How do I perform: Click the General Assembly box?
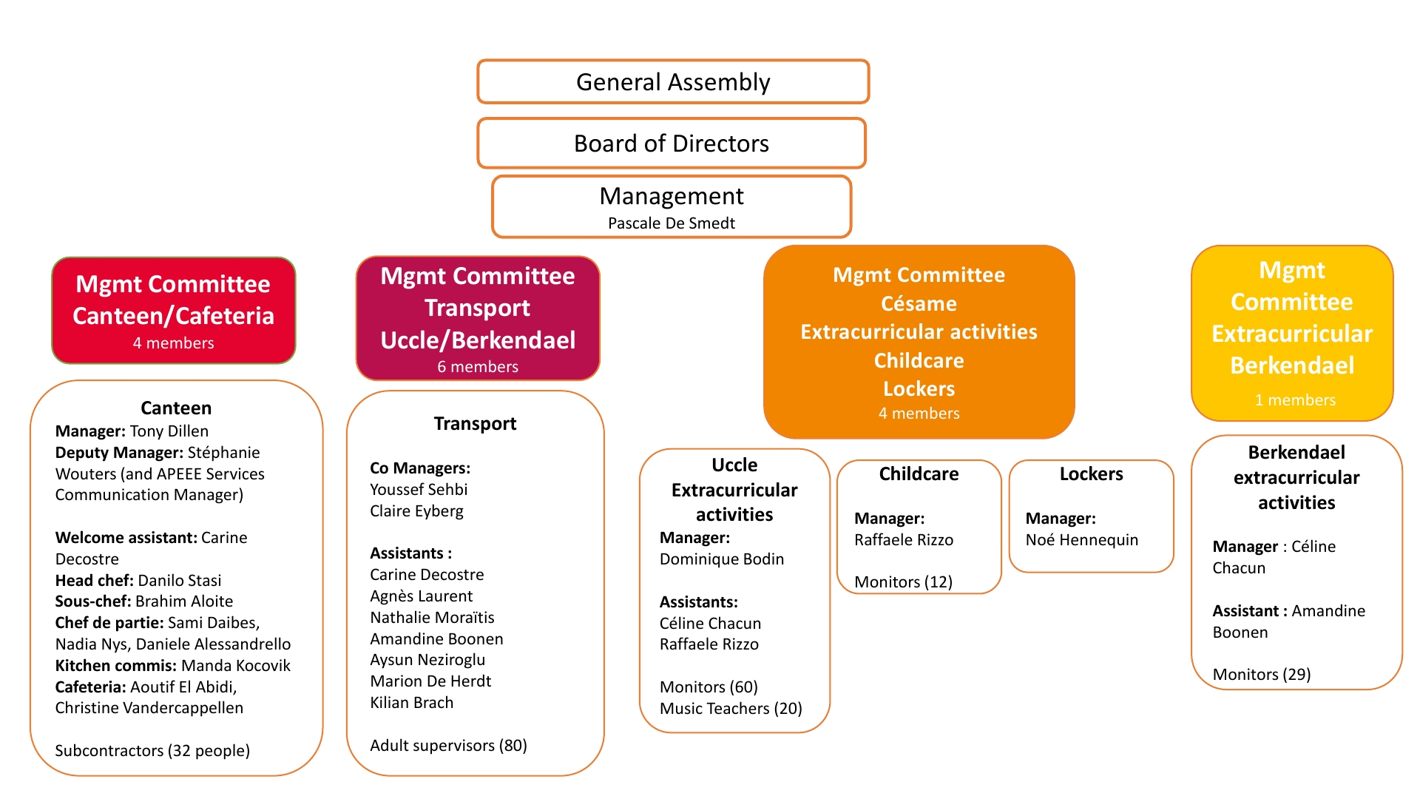[673, 82]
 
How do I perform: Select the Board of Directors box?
[672, 144]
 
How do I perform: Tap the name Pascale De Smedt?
[672, 223]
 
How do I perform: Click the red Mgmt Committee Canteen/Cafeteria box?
[174, 311]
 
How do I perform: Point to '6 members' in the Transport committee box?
[478, 367]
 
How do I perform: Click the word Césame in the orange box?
[919, 304]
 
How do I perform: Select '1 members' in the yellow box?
[1295, 400]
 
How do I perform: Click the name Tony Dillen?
[169, 431]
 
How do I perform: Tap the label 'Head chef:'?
[95, 581]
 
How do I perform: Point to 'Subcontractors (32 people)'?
[152, 751]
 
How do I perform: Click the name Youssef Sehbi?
[419, 490]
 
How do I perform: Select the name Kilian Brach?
[412, 703]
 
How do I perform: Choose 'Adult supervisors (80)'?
[448, 746]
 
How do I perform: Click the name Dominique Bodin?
[722, 559]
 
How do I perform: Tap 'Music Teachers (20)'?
[731, 709]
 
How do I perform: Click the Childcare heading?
[919, 474]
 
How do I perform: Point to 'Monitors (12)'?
[903, 582]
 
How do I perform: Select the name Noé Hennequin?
[1081, 540]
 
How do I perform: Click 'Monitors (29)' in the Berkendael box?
[1262, 675]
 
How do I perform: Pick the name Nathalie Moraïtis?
[432, 618]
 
